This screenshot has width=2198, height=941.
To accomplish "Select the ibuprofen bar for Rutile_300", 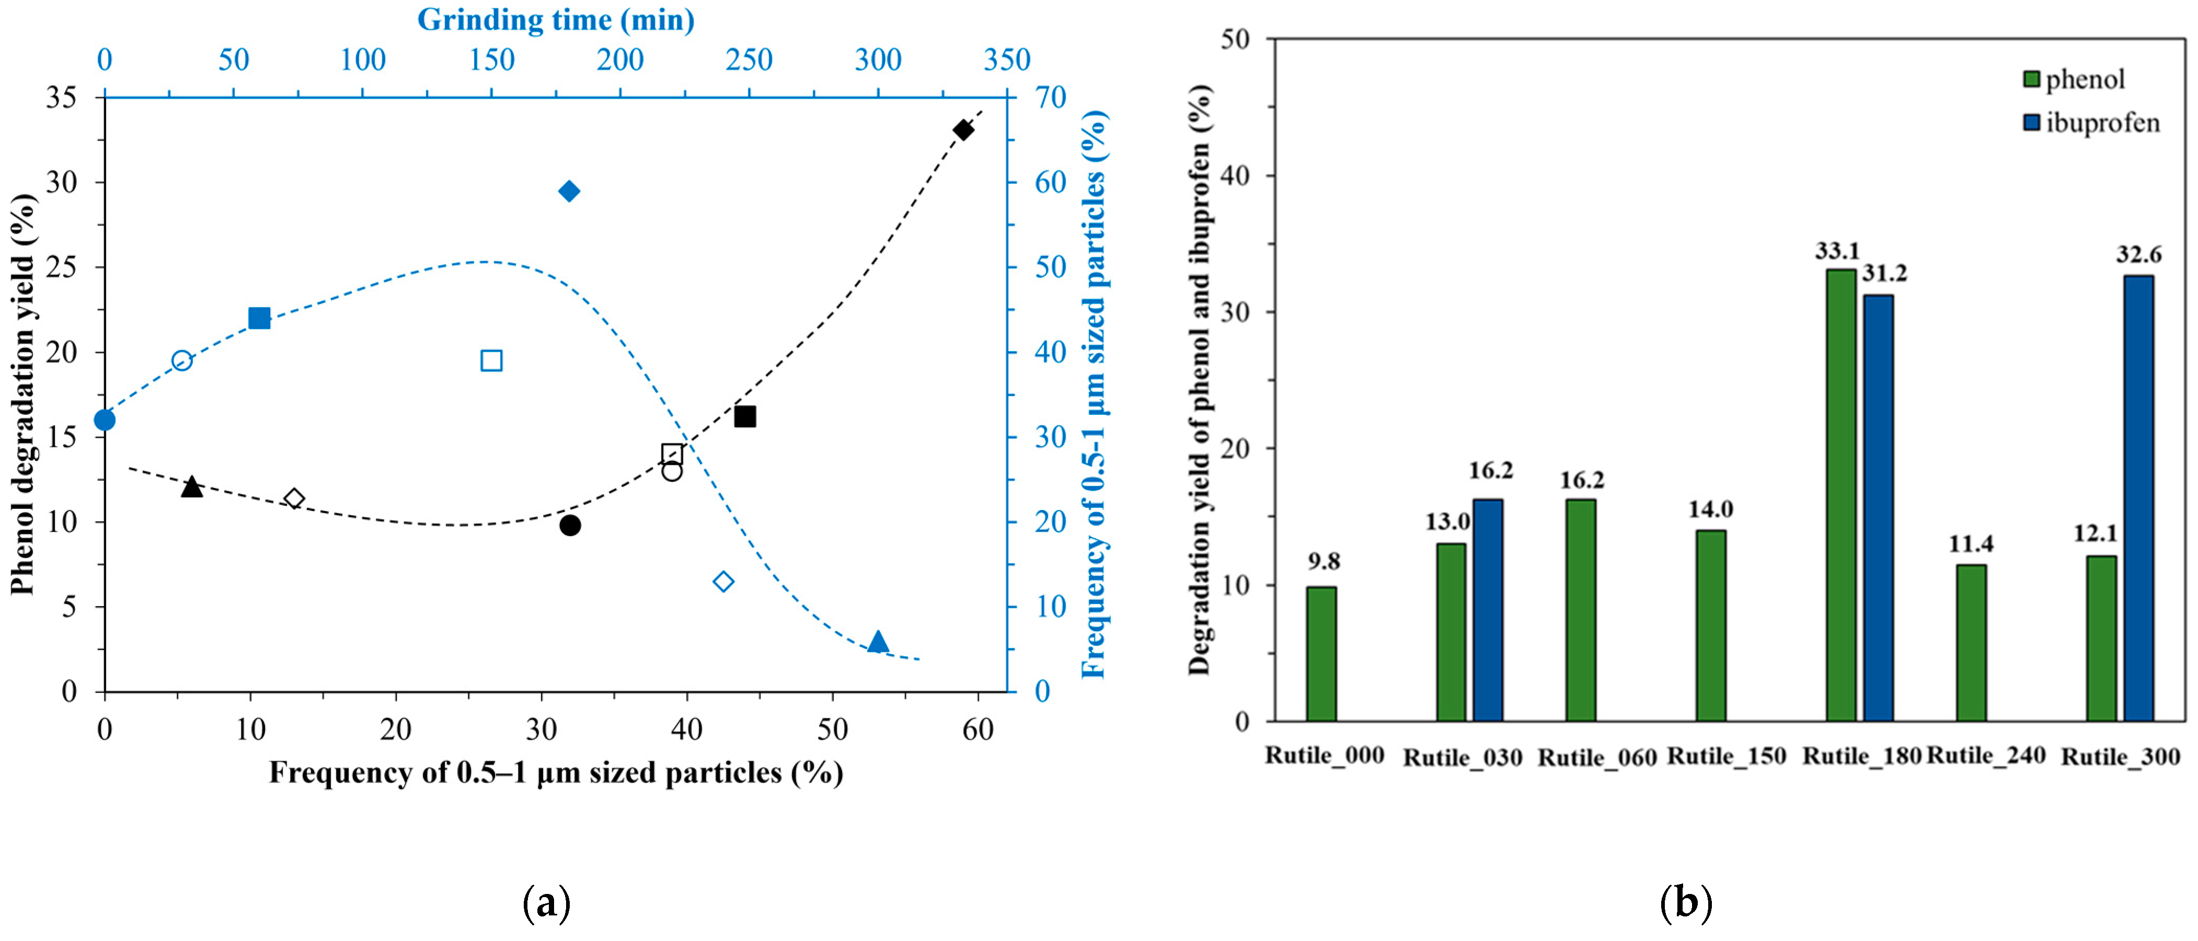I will [2138, 498].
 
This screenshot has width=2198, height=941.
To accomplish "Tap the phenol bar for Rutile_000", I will [1321, 654].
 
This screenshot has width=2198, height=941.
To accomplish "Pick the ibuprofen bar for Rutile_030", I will [1487, 610].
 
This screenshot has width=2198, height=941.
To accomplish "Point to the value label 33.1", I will [1837, 251].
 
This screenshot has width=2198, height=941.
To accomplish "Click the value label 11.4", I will [1971, 543].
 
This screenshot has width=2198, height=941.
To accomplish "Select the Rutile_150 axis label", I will [1726, 756].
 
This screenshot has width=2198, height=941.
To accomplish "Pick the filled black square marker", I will [745, 416].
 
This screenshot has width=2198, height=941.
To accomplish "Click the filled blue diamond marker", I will [569, 191].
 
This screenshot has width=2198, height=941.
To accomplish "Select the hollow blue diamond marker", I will [723, 582].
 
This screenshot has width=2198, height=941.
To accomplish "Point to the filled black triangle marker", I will [192, 487].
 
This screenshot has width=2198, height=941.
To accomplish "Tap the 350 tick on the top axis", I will [1007, 60].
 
